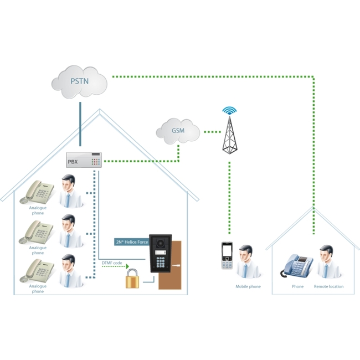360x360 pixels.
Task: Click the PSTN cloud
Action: (x=79, y=82)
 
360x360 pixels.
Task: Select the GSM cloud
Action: (x=178, y=131)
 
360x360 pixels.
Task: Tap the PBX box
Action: (x=84, y=160)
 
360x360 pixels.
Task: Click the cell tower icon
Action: (x=230, y=135)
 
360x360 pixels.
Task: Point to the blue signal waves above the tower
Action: (x=229, y=110)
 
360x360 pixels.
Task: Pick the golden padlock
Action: (x=132, y=279)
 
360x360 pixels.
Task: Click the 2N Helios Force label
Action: (x=132, y=242)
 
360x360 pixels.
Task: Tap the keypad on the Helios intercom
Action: (x=161, y=262)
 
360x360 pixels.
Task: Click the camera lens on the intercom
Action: (x=160, y=243)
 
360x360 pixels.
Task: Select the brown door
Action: (x=170, y=265)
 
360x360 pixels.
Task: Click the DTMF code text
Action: (x=112, y=263)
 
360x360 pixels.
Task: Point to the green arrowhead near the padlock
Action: (x=127, y=266)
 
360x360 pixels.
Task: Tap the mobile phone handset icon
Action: (x=227, y=255)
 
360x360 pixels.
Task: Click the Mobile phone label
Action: (x=248, y=286)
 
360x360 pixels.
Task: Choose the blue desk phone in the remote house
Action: (x=297, y=265)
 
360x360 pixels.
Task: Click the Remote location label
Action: (x=329, y=286)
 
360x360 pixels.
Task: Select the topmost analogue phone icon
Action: (x=37, y=192)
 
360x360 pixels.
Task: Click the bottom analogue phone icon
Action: (x=37, y=270)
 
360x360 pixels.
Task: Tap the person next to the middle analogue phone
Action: (x=70, y=231)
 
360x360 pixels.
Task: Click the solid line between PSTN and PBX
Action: (x=80, y=124)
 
